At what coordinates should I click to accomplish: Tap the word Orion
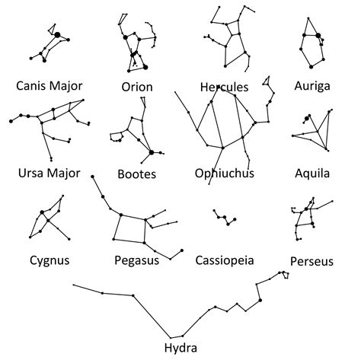click(x=137, y=86)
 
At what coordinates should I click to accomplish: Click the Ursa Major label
click(x=48, y=173)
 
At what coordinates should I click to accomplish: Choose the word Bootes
click(x=137, y=174)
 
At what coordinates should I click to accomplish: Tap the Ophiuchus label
click(x=224, y=174)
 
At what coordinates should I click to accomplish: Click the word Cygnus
click(x=47, y=260)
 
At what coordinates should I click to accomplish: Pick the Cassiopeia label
click(x=225, y=261)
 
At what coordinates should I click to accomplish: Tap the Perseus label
click(x=311, y=261)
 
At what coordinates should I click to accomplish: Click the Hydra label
click(x=180, y=349)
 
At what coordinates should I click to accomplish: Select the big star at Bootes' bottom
click(x=152, y=153)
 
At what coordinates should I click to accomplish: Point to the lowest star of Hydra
click(x=180, y=335)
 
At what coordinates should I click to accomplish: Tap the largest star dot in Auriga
click(x=318, y=37)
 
